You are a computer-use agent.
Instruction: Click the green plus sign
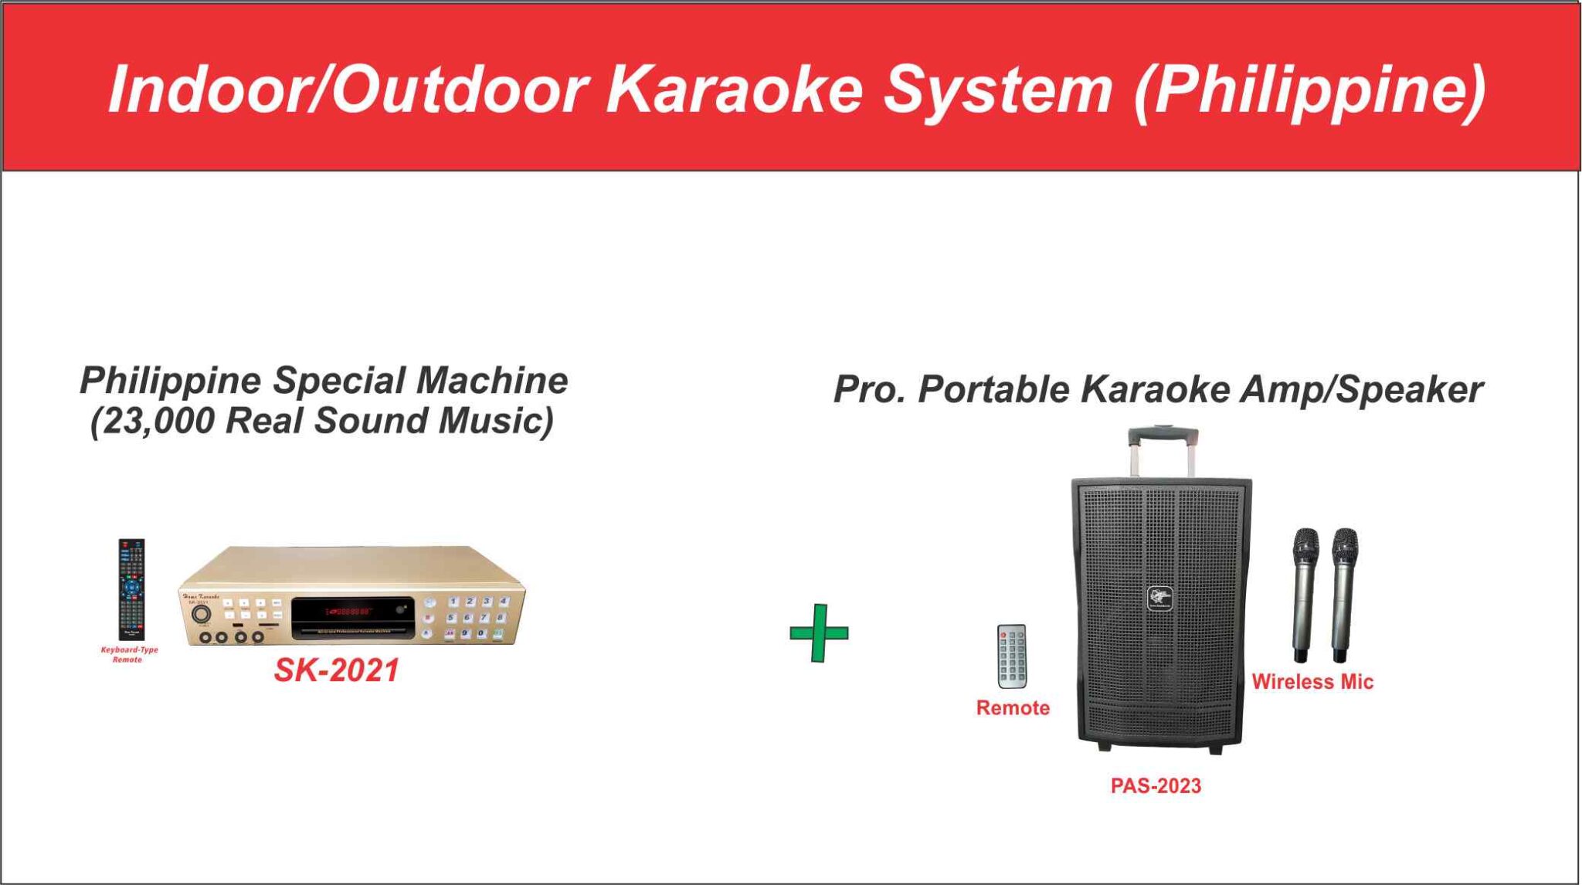[819, 633]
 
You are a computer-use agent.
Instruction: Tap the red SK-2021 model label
[337, 670]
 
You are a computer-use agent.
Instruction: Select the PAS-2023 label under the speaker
[1156, 785]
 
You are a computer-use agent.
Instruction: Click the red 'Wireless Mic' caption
[1312, 682]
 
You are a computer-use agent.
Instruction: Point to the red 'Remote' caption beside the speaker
[1013, 708]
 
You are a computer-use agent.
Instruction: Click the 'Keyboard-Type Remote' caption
[129, 654]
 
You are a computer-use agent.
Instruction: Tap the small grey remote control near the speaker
[1012, 656]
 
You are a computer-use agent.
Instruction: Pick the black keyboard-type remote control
[131, 588]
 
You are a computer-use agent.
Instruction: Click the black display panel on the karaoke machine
[352, 618]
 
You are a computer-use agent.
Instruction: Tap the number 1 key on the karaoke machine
[454, 601]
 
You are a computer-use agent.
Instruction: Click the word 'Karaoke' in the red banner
[733, 89]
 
